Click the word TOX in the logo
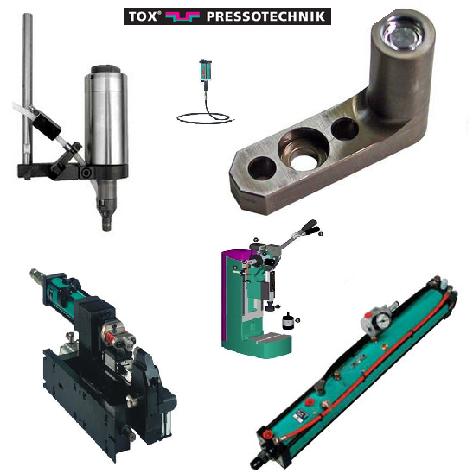[x=143, y=16]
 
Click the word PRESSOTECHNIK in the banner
[x=266, y=16]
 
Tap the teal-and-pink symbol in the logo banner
[x=182, y=16]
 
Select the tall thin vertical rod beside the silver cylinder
[x=28, y=87]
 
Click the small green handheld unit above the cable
[x=205, y=70]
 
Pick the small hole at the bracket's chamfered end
[x=262, y=168]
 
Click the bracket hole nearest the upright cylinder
[x=345, y=129]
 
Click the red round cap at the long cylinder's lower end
[x=267, y=435]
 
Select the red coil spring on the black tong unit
[x=110, y=337]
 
